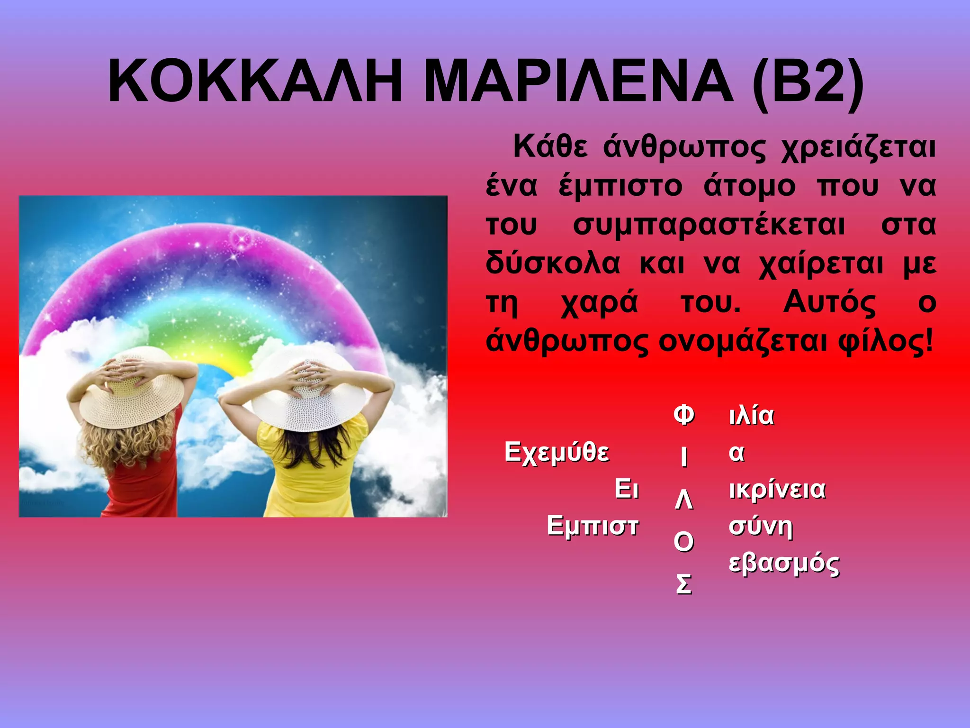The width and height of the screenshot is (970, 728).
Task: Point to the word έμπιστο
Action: point(620,186)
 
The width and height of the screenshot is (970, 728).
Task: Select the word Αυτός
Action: point(829,302)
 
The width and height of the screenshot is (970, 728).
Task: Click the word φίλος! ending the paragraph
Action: point(885,341)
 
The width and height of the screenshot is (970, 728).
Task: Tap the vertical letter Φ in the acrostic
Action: point(683,415)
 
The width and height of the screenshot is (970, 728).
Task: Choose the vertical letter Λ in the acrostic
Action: point(683,500)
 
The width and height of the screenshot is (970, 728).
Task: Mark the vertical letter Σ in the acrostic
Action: point(683,584)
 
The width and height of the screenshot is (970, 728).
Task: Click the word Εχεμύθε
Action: point(557,452)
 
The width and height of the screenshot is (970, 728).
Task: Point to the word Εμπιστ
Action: point(593,526)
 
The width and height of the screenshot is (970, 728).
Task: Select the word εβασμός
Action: point(784,564)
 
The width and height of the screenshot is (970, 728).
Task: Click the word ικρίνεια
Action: point(777,489)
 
